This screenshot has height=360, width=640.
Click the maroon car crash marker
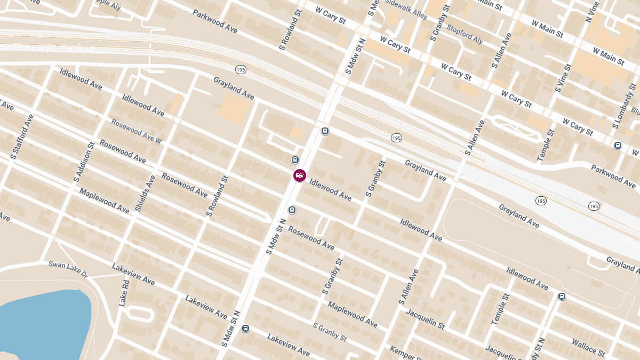pyautogui.click(x=300, y=175)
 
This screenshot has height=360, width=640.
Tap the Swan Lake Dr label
pyautogui.click(x=68, y=268)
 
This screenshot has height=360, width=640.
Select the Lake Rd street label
pyautogui.click(x=124, y=293)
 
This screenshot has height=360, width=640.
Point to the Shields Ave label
pyautogui.click(x=145, y=193)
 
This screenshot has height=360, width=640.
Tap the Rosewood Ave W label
pyautogui.click(x=136, y=131)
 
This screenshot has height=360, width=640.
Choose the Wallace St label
pyautogui.click(x=588, y=347)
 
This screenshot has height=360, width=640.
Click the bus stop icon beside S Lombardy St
pyautogui.click(x=618, y=146)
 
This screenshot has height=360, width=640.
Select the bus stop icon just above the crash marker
pyautogui.click(x=295, y=160)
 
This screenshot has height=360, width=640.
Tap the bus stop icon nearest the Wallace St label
pyautogui.click(x=562, y=297)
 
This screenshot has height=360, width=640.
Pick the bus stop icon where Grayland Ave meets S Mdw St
pyautogui.click(x=325, y=131)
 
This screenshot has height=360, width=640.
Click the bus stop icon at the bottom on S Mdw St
pyautogui.click(x=245, y=329)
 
